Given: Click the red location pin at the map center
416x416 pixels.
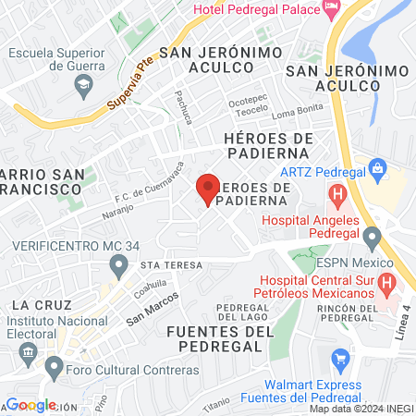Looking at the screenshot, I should [208, 190].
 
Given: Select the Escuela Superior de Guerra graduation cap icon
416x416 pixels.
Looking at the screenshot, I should [83, 84].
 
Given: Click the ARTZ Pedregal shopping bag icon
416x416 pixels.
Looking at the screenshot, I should [376, 169].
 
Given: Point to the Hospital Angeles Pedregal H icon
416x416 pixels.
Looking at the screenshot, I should [338, 196].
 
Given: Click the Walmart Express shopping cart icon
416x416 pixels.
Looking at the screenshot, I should [339, 359].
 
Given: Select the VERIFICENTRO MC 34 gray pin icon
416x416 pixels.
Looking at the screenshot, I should [118, 267].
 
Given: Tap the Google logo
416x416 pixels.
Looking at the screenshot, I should [31, 405].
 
